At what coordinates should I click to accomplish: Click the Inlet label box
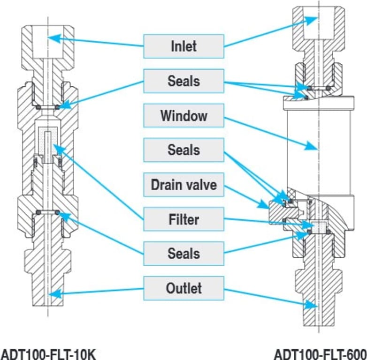(x=183, y=46)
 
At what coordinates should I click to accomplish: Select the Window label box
(x=183, y=115)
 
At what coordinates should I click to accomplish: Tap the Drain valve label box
(x=183, y=185)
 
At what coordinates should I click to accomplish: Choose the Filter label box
(x=183, y=219)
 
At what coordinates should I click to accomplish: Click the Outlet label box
(x=183, y=288)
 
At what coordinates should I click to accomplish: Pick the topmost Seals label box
(x=183, y=81)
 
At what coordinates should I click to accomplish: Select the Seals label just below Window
(x=183, y=150)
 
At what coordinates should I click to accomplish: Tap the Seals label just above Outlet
(x=183, y=254)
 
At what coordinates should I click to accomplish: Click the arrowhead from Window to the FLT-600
(x=312, y=147)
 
